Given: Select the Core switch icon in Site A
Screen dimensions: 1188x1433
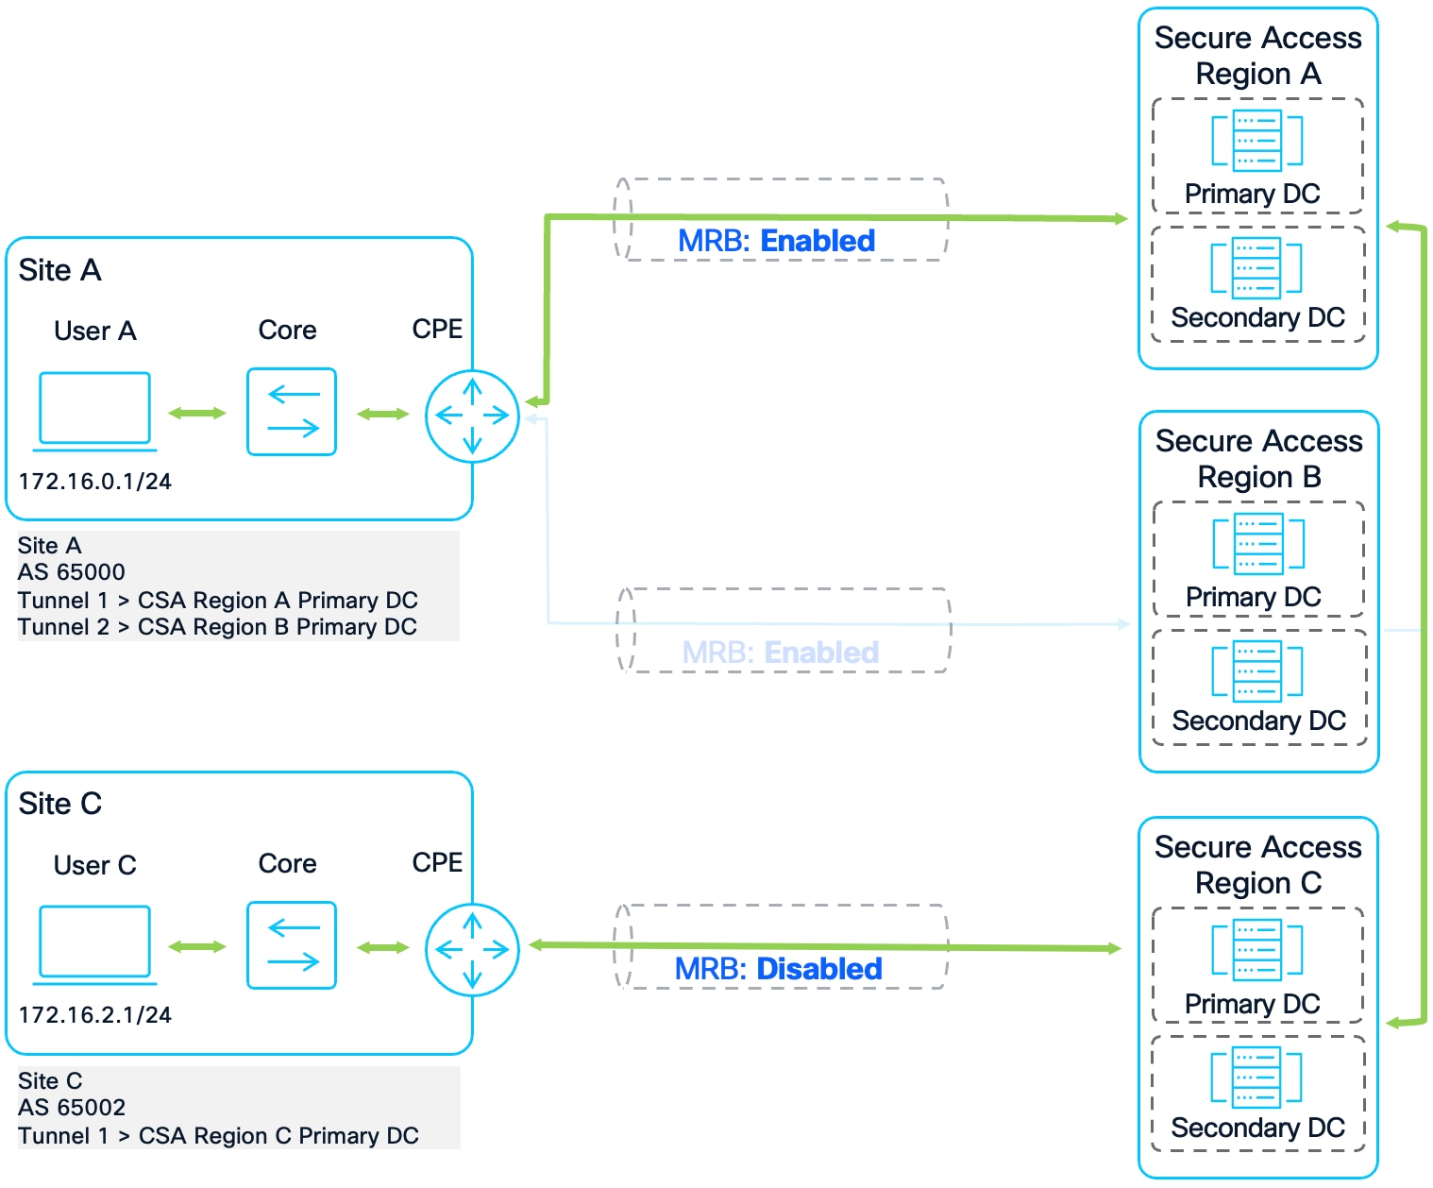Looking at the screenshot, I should click(x=292, y=412).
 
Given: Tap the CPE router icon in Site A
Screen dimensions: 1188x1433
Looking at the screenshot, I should click(x=472, y=416).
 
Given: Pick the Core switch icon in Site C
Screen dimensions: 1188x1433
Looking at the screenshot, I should click(x=292, y=945).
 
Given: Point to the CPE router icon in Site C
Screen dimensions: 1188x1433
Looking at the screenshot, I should click(x=472, y=949).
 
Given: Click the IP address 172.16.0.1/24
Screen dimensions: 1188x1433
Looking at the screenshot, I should click(x=95, y=482).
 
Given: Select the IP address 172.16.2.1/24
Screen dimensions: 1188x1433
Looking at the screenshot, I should click(x=95, y=1015).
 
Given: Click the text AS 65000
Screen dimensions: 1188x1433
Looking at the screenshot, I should click(x=72, y=572).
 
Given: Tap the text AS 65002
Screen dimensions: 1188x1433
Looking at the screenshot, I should click(x=72, y=1107).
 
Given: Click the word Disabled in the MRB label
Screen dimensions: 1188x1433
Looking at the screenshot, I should click(x=819, y=969).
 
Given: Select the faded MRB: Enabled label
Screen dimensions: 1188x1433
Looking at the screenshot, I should click(x=781, y=653).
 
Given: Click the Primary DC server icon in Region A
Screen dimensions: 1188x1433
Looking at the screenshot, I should click(x=1257, y=141).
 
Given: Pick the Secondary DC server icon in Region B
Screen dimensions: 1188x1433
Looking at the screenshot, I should click(x=1257, y=670).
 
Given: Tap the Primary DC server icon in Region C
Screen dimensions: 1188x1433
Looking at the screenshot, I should click(x=1257, y=949).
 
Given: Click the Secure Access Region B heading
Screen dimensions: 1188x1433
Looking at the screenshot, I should click(x=1258, y=459).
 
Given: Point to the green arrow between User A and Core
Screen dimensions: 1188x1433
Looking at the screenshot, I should click(x=197, y=413).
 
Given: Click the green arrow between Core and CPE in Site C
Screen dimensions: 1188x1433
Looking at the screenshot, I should click(x=383, y=947).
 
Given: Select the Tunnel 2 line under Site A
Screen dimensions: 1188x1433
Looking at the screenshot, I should click(x=217, y=627).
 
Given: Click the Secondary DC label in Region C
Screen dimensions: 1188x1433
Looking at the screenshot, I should click(x=1257, y=1128).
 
